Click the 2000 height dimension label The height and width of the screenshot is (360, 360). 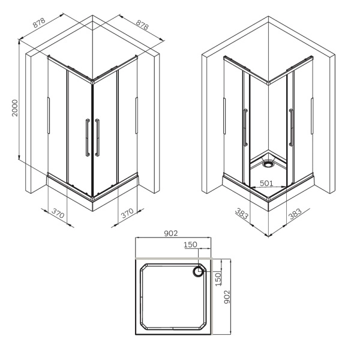tap(14, 108)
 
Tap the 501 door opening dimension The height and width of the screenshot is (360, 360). tap(266, 183)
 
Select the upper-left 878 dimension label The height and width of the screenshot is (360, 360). tap(39, 22)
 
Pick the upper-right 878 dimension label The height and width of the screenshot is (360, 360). tap(142, 25)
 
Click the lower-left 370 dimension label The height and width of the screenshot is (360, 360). tap(58, 213)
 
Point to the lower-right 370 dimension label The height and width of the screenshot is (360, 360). tap(127, 213)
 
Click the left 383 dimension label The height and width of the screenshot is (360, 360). tap(242, 213)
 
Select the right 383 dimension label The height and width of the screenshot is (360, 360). tap(295, 214)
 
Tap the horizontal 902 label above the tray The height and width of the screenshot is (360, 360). tap(171, 233)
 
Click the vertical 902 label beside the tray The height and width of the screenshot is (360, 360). tap(227, 297)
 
